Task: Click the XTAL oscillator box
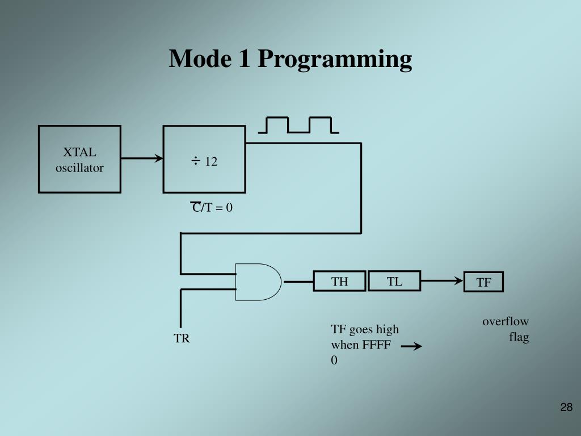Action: pyautogui.click(x=79, y=160)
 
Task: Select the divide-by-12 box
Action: pyautogui.click(x=204, y=160)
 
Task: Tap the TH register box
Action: pyautogui.click(x=339, y=281)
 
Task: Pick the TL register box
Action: pyautogui.click(x=394, y=281)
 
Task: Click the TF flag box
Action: pyautogui.click(x=483, y=282)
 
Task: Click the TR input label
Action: pyautogui.click(x=182, y=339)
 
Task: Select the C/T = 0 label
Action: pyautogui.click(x=212, y=208)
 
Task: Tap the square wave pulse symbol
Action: pyautogui.click(x=298, y=125)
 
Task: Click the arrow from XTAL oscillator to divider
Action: pyautogui.click(x=142, y=159)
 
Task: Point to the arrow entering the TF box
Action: pyautogui.click(x=443, y=280)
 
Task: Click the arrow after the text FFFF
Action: pyautogui.click(x=411, y=346)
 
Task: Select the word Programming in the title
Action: pyautogui.click(x=335, y=59)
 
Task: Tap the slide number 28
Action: pyautogui.click(x=566, y=407)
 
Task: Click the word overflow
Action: pyautogui.click(x=506, y=322)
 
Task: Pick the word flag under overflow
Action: pyautogui.click(x=519, y=337)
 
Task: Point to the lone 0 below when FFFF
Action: pyautogui.click(x=334, y=360)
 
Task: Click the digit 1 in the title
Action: pyautogui.click(x=244, y=59)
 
